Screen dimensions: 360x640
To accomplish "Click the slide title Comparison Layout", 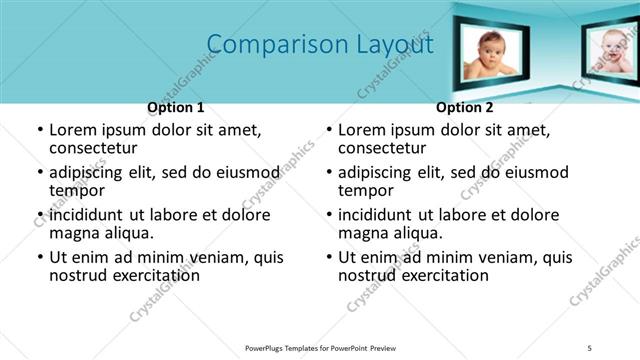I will [320, 45].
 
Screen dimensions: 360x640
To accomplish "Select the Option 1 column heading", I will [176, 107].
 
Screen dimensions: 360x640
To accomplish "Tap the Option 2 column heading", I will [464, 107].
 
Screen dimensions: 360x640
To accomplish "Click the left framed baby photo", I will [490, 55].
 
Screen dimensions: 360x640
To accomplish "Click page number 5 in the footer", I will [590, 347].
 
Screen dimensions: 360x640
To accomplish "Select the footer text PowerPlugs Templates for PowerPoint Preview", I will [320, 347].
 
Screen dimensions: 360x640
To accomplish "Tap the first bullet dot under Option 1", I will [40, 131].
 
